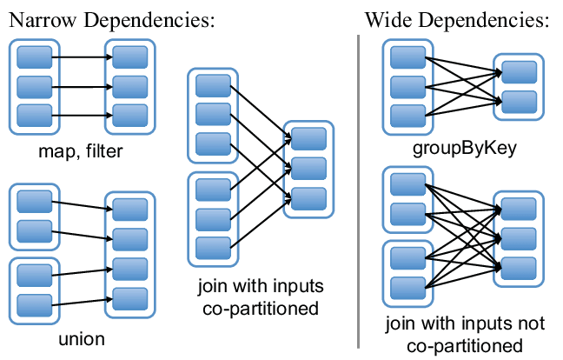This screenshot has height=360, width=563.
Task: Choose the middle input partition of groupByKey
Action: click(407, 86)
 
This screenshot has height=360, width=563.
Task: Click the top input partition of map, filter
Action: click(35, 58)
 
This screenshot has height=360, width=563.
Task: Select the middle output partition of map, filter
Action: click(129, 86)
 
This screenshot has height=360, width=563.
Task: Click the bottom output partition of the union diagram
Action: click(129, 295)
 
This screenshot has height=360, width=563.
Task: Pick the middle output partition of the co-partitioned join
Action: click(308, 166)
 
